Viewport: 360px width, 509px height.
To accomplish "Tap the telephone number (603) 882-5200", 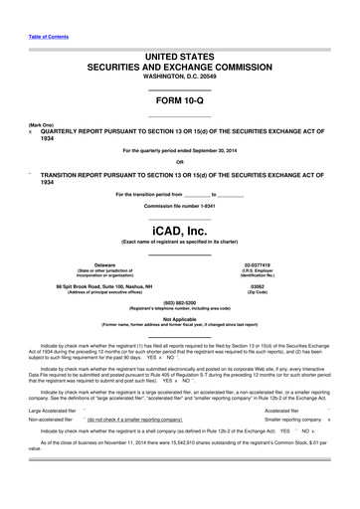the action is click(179, 302).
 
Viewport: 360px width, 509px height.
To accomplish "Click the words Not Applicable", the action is click(179, 319).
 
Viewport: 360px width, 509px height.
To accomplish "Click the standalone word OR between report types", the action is click(179, 161).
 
